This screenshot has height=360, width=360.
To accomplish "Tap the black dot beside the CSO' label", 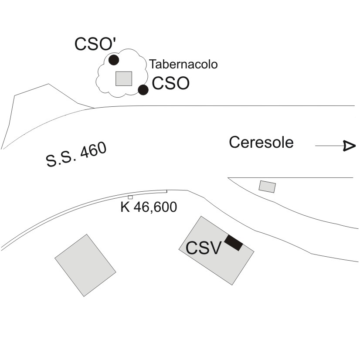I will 114,60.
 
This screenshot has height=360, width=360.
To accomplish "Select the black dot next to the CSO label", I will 143,90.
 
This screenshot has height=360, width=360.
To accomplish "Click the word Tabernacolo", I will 183,65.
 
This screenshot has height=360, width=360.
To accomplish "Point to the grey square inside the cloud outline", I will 124,78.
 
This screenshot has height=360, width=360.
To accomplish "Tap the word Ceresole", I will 261,142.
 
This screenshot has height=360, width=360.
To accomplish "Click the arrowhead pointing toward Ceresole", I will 349,146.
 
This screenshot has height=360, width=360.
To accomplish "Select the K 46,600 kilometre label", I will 149,207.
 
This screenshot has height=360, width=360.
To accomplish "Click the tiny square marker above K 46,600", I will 130,197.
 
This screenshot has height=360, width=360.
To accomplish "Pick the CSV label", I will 204,248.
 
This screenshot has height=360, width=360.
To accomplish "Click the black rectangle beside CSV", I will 234,243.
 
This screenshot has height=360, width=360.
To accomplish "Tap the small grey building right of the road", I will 267,187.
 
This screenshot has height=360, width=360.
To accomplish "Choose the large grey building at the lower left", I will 85,265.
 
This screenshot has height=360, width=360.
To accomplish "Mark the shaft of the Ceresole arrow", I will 329,146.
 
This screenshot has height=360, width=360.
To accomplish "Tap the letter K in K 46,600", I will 125,207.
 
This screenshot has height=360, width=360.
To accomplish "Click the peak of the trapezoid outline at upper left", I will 48,84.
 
